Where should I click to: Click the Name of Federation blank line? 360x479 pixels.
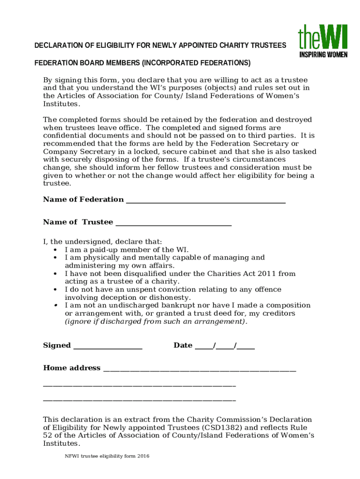tap(206, 202)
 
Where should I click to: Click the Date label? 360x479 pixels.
tap(183, 345)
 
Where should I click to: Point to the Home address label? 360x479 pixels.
tap(72, 368)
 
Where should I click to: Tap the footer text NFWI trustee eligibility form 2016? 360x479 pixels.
tap(107, 456)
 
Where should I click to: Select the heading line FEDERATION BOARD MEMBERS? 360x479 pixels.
tap(142, 63)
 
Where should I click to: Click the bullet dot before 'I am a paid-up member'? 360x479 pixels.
tap(56, 250)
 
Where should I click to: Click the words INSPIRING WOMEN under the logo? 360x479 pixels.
tap(323, 55)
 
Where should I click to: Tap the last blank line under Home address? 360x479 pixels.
tap(139, 401)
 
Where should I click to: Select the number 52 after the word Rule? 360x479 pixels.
tap(48, 435)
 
